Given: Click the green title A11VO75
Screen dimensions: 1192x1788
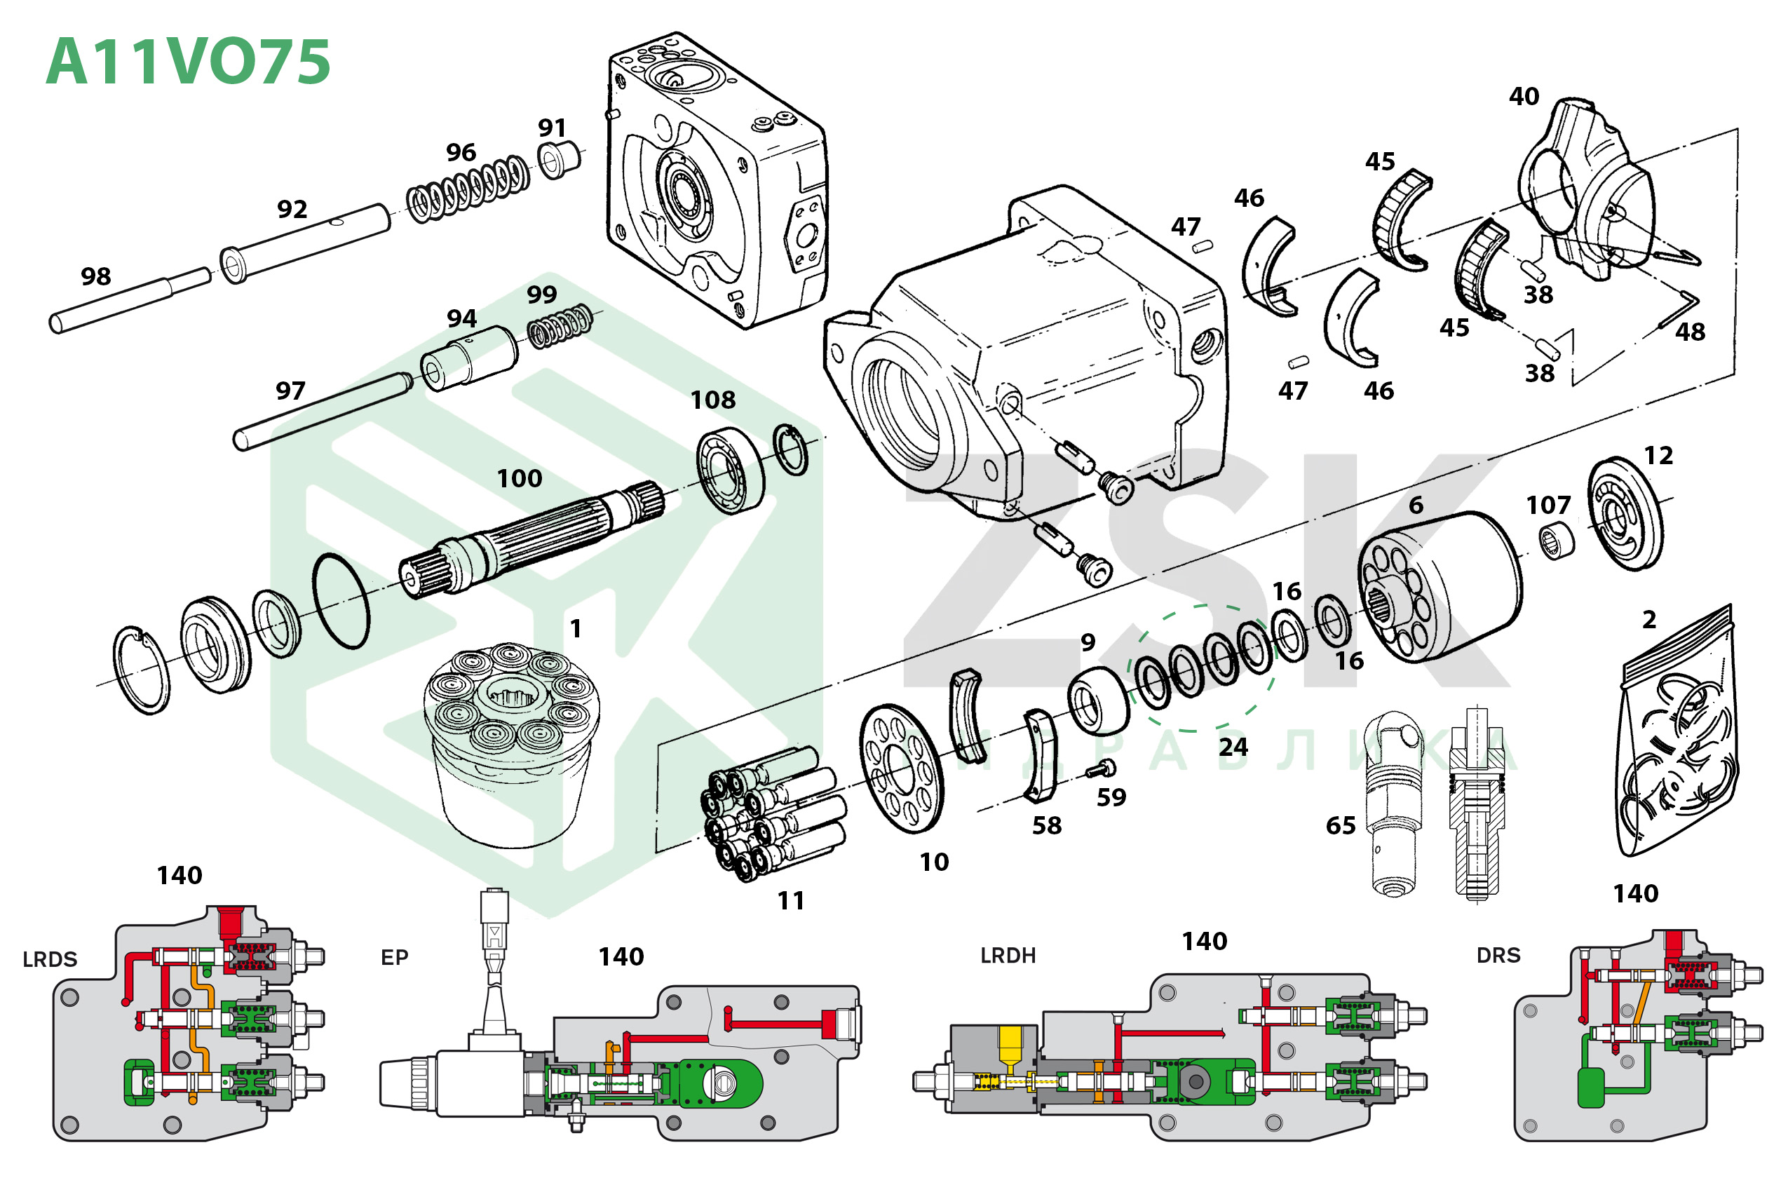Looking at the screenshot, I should [x=188, y=62].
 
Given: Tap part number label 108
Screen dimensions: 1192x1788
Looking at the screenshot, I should [x=712, y=400].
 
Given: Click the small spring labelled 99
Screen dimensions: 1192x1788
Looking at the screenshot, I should [x=560, y=326].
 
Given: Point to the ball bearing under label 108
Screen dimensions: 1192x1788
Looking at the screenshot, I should [x=730, y=470].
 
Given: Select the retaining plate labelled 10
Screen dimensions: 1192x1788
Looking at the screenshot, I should [x=901, y=768].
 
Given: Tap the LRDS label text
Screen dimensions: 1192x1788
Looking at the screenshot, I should [x=50, y=959].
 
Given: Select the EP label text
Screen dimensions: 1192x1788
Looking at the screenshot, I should [x=395, y=957].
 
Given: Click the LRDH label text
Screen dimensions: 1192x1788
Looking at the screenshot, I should [x=1008, y=956].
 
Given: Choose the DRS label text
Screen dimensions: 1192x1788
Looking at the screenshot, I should [x=1498, y=956].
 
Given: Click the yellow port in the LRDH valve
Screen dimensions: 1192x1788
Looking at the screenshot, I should [x=1010, y=1044].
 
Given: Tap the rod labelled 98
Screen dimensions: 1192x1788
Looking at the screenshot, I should [x=129, y=301].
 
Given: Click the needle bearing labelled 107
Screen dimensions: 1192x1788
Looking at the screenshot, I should [x=1557, y=541].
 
